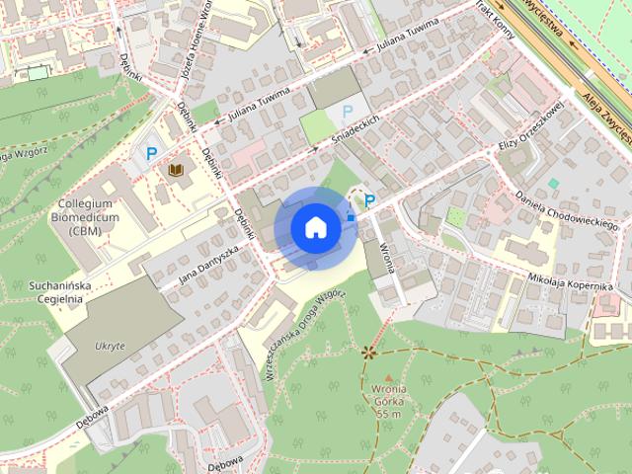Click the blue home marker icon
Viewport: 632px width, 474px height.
point(315,227)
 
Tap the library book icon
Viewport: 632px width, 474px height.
point(177,171)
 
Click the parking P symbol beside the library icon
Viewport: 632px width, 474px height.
point(151,153)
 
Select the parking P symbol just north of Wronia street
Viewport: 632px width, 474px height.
point(369,201)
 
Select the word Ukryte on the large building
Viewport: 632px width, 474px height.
point(110,347)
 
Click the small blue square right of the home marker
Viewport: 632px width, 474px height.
point(351,216)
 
